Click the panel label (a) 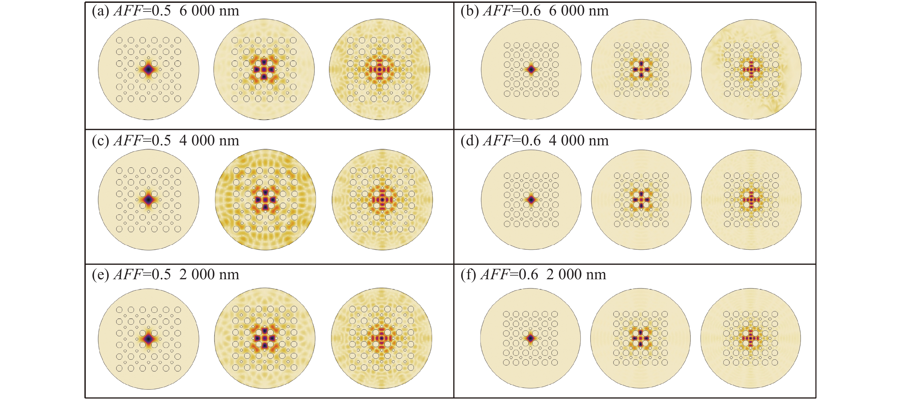pos(101,11)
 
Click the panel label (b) pos(470,11)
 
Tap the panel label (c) pos(101,141)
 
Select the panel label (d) pos(470,141)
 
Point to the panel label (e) pos(101,275)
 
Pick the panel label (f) pos(469,275)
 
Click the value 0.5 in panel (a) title pos(161,11)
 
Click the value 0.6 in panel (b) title pos(531,11)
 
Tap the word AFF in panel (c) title pos(128,141)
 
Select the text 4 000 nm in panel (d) pos(579,141)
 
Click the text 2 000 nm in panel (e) pos(209,275)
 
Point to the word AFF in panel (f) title pos(495,275)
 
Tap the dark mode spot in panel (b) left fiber pos(531,69)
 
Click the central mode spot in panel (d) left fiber pos(531,199)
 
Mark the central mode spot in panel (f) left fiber pos(530,338)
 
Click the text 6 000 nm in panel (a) pos(209,11)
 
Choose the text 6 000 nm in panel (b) pos(579,11)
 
